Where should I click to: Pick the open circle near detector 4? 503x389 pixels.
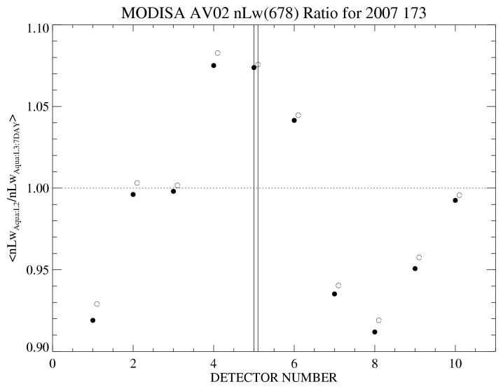coord(218,53)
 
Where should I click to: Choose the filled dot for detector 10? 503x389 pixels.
coord(455,200)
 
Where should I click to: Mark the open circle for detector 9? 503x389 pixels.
coord(419,257)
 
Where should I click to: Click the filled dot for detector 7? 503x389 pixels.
coord(334,294)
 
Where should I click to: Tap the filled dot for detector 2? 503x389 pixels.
coord(133,194)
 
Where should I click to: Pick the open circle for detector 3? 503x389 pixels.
coord(177,185)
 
